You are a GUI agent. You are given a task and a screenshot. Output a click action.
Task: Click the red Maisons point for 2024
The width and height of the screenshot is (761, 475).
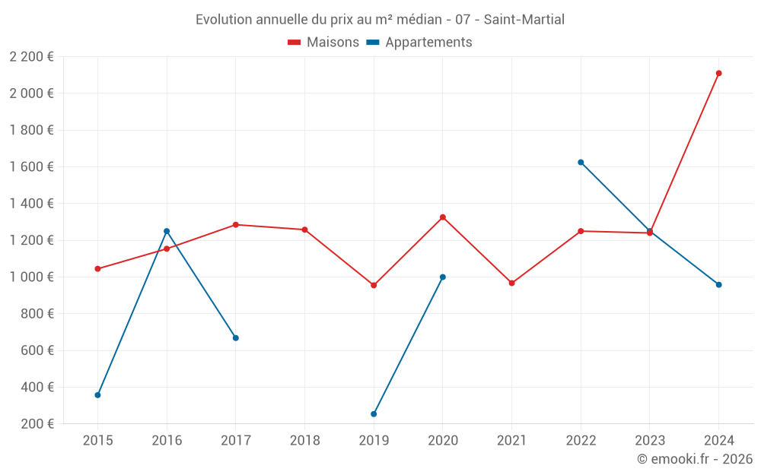coord(718,74)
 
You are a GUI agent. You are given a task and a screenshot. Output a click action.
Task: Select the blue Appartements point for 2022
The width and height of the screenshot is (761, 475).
coord(581,163)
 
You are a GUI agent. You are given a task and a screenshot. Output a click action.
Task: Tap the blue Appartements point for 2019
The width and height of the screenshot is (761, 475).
coord(374,414)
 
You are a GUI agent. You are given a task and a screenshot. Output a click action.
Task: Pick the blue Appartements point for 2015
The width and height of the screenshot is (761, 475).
coord(97,395)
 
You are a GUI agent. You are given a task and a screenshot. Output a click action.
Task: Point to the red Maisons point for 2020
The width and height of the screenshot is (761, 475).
coord(443,217)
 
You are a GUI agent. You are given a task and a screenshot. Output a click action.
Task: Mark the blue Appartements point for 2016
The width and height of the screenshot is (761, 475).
coord(167,231)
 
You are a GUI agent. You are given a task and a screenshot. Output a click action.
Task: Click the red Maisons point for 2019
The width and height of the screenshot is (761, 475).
coord(374,285)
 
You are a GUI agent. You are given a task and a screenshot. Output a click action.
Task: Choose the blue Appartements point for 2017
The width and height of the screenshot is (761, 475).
coord(236,338)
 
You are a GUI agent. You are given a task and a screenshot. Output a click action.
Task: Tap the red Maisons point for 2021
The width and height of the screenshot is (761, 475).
coord(511,283)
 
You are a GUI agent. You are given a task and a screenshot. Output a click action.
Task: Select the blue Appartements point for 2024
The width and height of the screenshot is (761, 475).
coord(718,285)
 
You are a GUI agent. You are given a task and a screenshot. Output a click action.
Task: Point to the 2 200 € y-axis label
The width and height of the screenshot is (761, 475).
coord(31,56)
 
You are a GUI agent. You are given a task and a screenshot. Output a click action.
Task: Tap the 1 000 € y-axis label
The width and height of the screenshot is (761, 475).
coord(31,277)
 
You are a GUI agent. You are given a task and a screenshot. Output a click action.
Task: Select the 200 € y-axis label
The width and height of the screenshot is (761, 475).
coord(36,423)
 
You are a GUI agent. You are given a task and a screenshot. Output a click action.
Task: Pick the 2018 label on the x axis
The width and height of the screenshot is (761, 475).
coord(304,440)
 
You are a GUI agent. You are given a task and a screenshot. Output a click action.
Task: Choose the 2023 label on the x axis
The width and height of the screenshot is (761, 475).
coord(649,440)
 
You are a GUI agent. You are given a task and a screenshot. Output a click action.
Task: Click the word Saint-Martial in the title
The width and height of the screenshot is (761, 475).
coord(524,20)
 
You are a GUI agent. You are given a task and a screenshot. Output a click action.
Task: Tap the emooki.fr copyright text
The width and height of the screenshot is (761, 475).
coord(695,459)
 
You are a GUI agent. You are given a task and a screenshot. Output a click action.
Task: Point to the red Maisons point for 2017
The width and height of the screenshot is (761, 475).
coord(236,225)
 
